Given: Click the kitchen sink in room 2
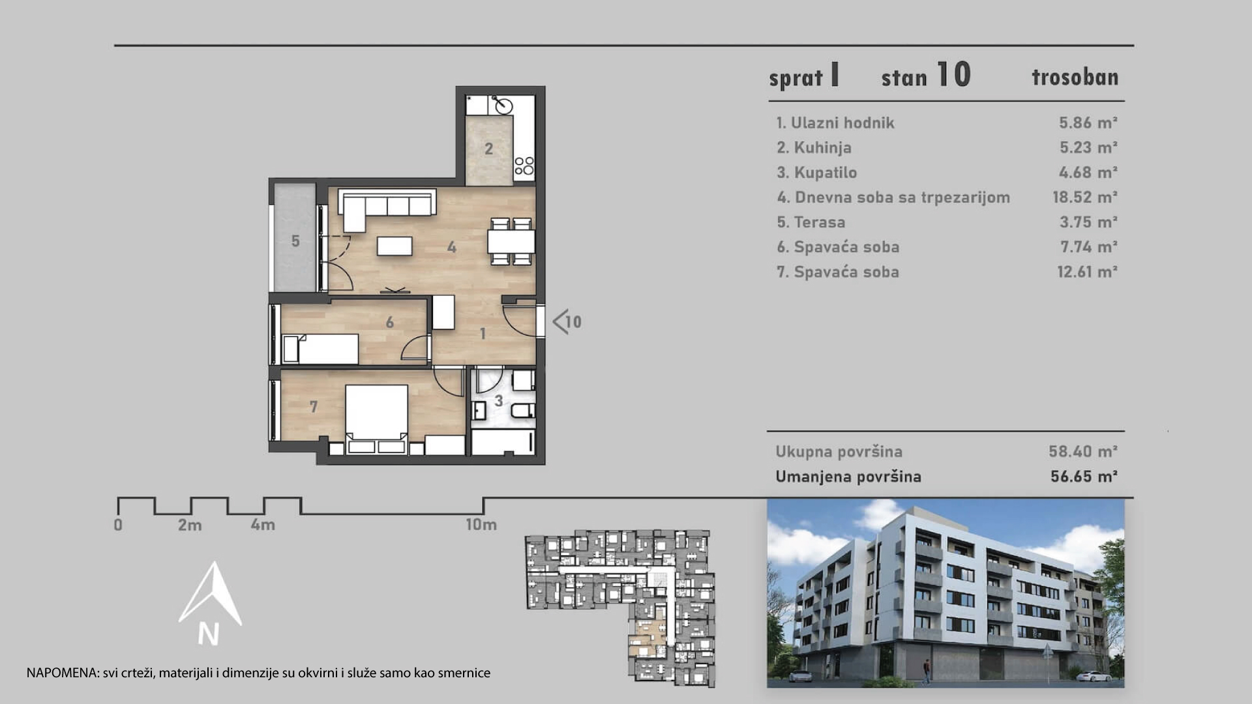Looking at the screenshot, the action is [502, 104].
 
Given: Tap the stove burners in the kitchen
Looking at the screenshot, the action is [524, 166].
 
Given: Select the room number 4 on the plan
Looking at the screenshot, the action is [452, 247].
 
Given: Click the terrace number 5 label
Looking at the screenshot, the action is [295, 241].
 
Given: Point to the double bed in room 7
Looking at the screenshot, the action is [376, 418].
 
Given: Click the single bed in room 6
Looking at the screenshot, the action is [320, 349].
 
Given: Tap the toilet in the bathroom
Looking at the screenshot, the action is [523, 411].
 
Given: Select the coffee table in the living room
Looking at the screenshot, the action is [395, 245].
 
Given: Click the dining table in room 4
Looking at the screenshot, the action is [511, 241].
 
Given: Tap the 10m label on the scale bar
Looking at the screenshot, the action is [481, 524].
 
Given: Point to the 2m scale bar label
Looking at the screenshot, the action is [190, 525].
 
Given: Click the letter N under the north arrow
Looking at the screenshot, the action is [209, 634].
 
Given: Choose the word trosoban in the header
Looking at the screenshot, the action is [1075, 77].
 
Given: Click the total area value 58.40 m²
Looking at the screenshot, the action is [1083, 451].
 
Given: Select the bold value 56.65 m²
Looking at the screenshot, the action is [1084, 477].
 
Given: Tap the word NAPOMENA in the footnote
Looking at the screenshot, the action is [63, 673].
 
